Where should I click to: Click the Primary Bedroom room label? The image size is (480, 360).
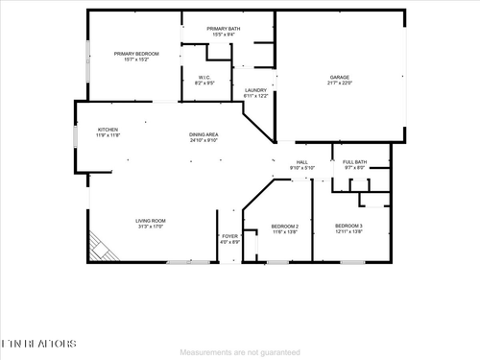[x=134, y=54]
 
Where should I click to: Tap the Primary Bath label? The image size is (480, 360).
[x=224, y=29]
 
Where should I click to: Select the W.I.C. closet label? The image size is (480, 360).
[x=204, y=77]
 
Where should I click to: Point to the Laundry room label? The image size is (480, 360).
[x=255, y=90]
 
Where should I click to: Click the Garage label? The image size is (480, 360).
[x=341, y=77]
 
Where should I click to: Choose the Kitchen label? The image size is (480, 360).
[x=108, y=130]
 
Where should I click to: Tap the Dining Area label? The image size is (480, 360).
[x=204, y=134]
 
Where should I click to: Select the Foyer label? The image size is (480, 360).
[x=229, y=236]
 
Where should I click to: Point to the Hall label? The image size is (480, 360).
[x=301, y=163]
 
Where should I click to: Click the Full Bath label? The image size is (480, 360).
[x=355, y=162]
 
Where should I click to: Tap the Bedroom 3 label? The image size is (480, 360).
[x=348, y=226]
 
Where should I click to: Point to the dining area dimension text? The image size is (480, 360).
[x=204, y=140]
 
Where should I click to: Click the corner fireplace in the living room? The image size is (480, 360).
[x=103, y=248]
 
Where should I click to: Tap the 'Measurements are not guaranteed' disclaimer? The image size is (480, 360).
[x=239, y=352]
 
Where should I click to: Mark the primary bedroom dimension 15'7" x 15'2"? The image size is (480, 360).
[x=134, y=60]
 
